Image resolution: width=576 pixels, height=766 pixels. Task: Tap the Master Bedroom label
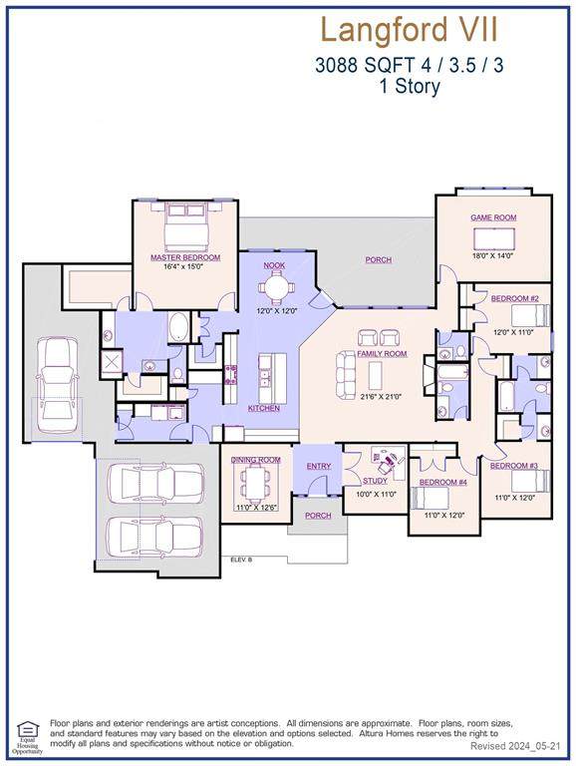click(185, 257)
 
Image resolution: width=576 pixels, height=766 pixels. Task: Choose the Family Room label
click(382, 354)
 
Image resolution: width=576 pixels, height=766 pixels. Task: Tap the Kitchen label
click(264, 409)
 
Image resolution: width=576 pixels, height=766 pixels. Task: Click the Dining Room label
click(256, 460)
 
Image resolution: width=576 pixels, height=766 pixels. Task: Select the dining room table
click(257, 484)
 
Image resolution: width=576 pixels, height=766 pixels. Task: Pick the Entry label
click(319, 466)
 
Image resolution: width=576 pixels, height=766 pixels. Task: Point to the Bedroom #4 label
click(442, 483)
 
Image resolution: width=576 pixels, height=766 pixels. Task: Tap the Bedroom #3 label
click(514, 467)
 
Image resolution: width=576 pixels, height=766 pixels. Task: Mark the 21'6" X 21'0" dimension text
click(381, 397)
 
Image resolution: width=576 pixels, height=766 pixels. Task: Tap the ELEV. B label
click(241, 561)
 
